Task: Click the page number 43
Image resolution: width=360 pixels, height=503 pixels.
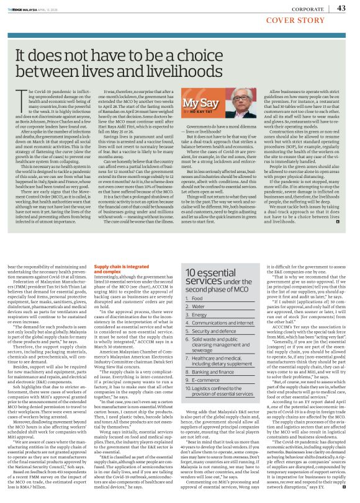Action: click(x=341, y=8)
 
